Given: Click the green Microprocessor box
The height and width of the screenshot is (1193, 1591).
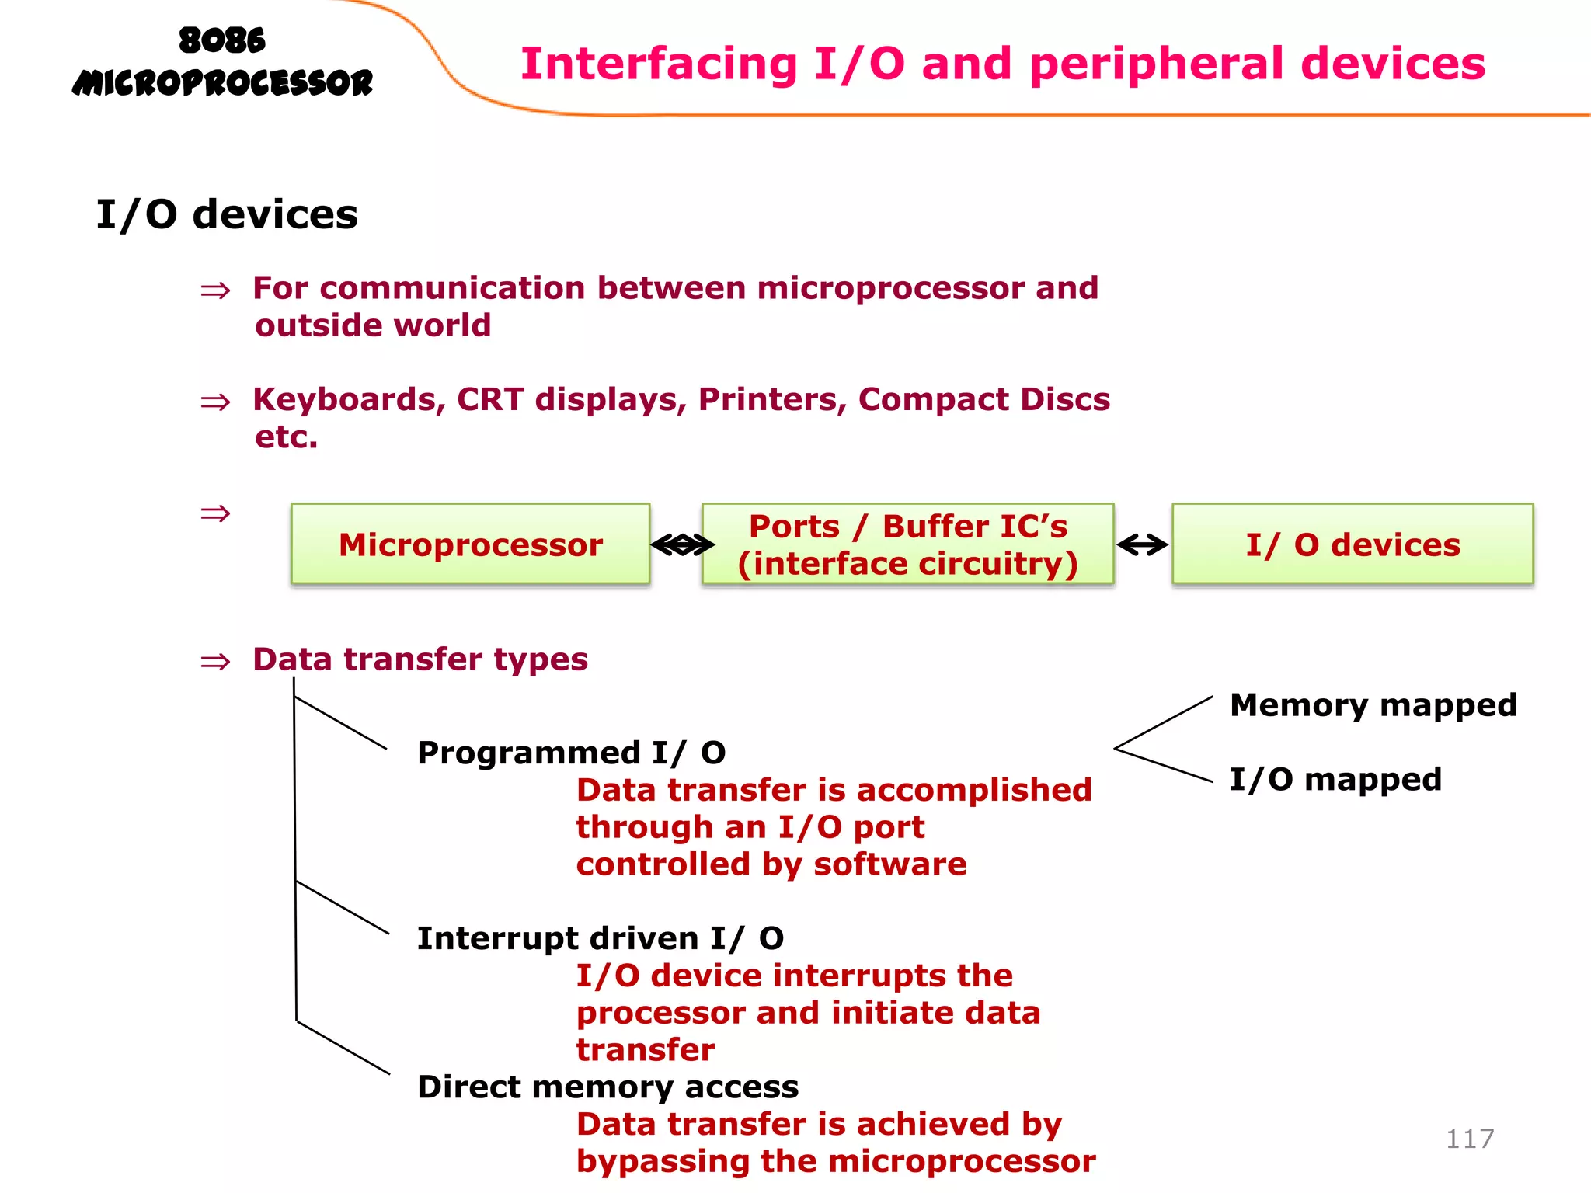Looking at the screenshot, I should [470, 544].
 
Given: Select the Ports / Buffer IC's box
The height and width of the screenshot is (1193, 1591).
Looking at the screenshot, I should [907, 544].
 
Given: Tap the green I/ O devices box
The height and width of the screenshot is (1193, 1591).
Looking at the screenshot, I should [1352, 544].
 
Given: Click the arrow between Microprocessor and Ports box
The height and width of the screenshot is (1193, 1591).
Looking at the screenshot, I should [682, 545].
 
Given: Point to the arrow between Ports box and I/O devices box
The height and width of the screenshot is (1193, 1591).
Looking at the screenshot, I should [1142, 545].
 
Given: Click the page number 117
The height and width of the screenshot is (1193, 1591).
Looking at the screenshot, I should [1469, 1139].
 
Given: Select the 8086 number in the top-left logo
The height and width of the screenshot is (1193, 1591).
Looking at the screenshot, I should [222, 40].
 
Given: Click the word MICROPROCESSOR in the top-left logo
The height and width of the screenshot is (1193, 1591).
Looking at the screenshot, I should [222, 82].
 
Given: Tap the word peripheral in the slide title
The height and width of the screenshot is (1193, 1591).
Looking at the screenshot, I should [1158, 64].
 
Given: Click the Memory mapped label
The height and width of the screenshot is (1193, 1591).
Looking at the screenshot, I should [1373, 705].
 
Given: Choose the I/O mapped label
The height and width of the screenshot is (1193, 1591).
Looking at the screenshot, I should [1335, 779].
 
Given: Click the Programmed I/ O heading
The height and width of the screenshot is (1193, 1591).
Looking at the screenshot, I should [571, 753].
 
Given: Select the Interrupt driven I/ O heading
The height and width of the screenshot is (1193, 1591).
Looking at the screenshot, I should [600, 938].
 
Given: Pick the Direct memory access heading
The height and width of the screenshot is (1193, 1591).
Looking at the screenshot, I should [608, 1087].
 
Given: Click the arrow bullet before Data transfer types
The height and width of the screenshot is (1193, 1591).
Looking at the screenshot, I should [215, 662].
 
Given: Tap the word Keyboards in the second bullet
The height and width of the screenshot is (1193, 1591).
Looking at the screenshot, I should [349, 399].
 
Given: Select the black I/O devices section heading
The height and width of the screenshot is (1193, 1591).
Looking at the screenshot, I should [226, 214].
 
